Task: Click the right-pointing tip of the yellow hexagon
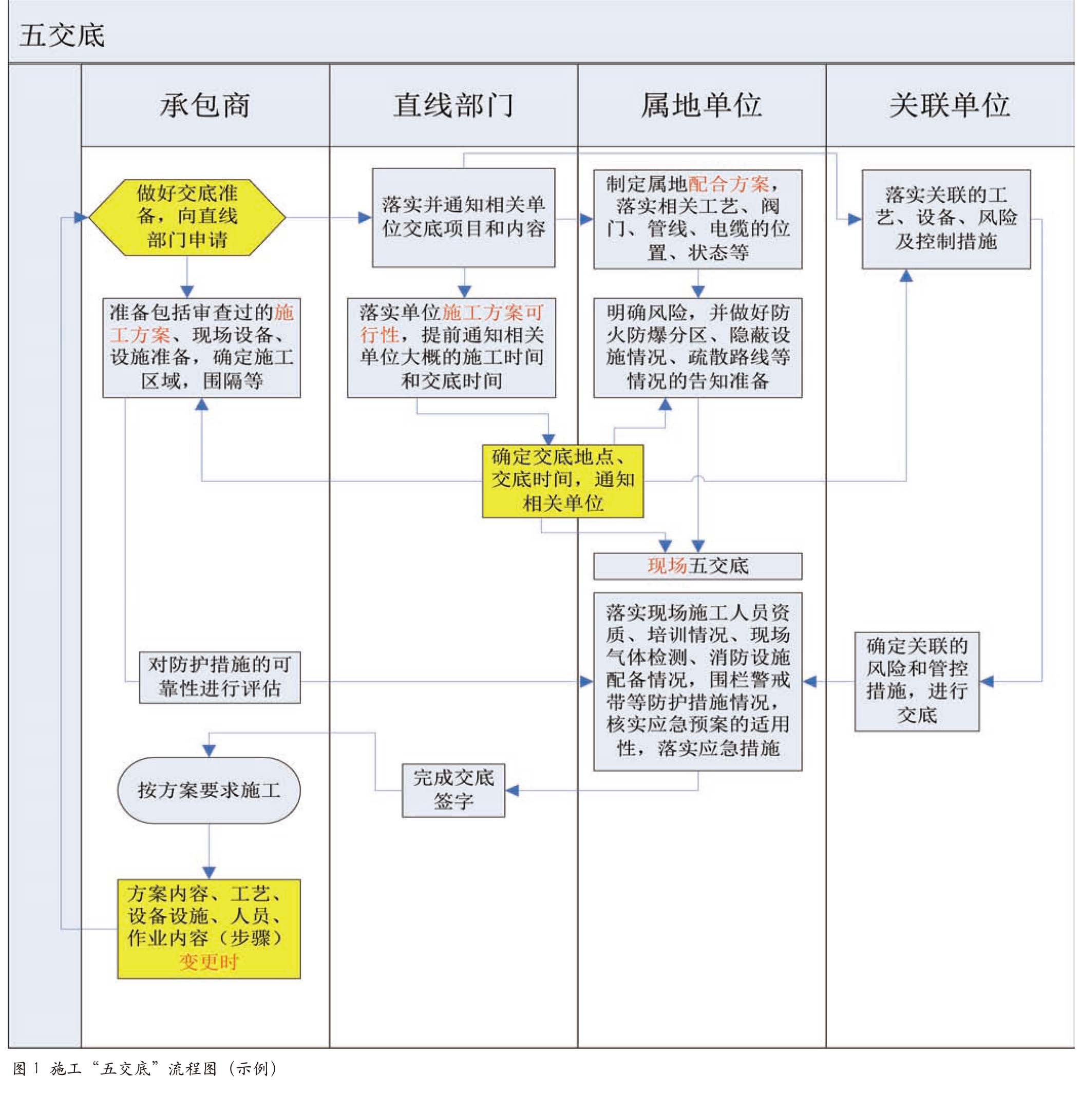pyautogui.click(x=286, y=218)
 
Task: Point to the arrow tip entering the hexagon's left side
pyautogui.click(x=88, y=218)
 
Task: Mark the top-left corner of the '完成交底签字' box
pyautogui.click(x=403, y=765)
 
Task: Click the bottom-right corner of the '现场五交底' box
pyautogui.click(x=802, y=579)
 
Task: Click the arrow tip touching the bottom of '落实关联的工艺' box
pyautogui.click(x=906, y=270)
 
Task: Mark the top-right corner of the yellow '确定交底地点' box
pyautogui.click(x=643, y=445)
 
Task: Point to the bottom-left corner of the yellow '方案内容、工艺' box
pyautogui.click(x=118, y=978)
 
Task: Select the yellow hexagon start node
pyautogui.click(x=187, y=218)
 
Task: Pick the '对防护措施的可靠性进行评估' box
pyautogui.click(x=220, y=678)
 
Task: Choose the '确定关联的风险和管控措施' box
pyautogui.click(x=917, y=682)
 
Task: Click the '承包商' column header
pyautogui.click(x=205, y=105)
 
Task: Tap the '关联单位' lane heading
pyautogui.click(x=950, y=105)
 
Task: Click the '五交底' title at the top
pyautogui.click(x=62, y=35)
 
